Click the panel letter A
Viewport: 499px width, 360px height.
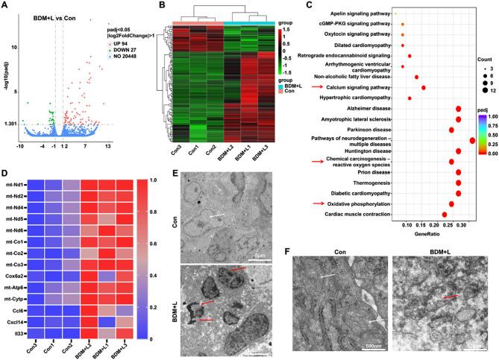5,6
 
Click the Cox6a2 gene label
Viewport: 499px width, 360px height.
13,275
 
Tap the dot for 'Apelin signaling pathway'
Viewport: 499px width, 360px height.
396,13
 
